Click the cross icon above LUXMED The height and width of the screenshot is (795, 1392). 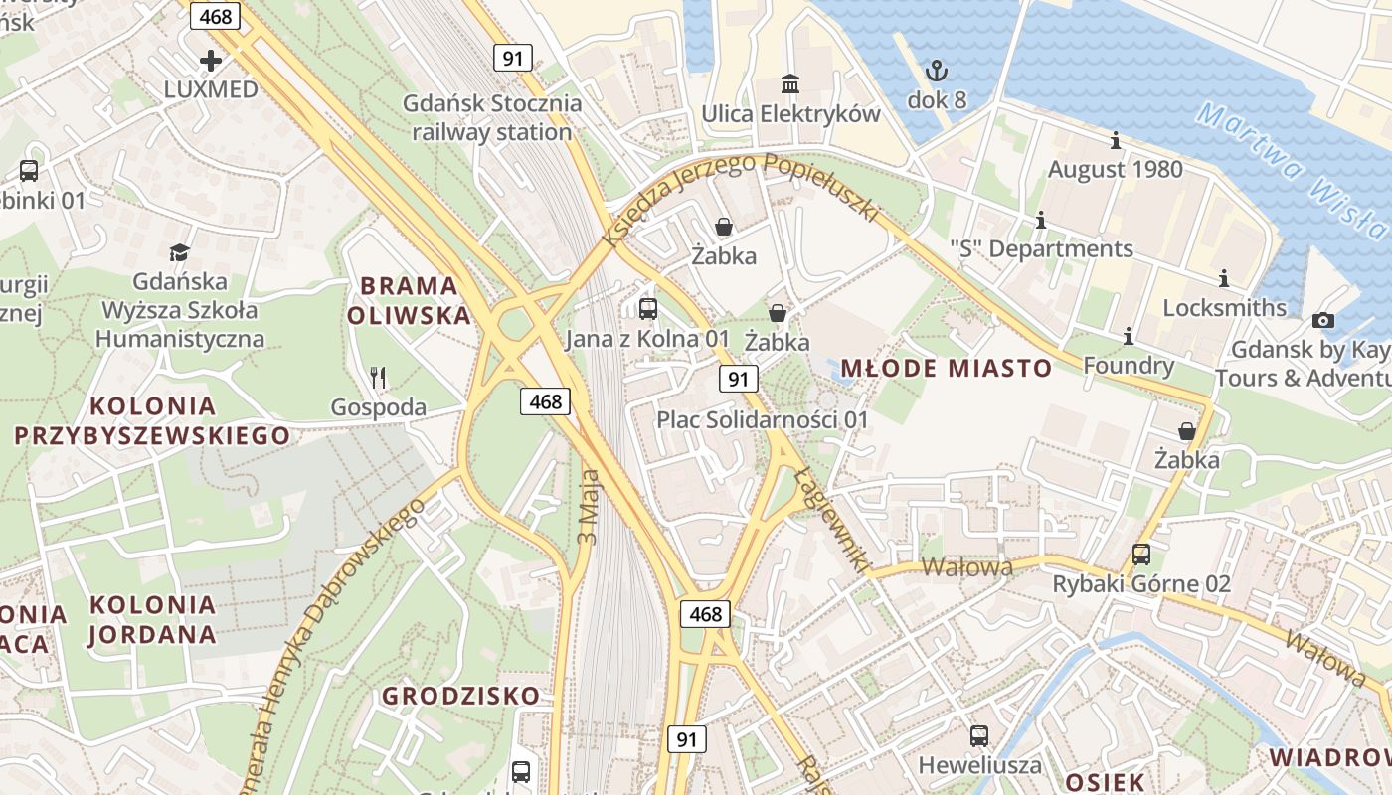point(211,61)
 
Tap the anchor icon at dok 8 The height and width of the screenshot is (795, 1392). point(936,71)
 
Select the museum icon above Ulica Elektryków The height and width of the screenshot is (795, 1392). point(790,83)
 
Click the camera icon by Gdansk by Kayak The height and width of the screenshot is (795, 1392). point(1322,320)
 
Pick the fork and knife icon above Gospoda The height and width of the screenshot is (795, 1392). point(377,378)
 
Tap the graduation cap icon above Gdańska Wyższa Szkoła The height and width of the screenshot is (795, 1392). point(179,252)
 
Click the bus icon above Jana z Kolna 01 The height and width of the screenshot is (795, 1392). point(648,309)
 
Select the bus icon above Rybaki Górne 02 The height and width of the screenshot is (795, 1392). point(1141,555)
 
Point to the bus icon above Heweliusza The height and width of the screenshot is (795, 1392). point(979,736)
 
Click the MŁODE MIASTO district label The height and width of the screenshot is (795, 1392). point(946,369)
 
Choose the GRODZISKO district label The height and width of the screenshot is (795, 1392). point(461,696)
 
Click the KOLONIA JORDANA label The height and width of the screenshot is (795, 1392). point(152,619)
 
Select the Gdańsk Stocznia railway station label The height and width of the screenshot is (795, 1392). point(492,117)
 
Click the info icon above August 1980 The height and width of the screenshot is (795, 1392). point(1115,141)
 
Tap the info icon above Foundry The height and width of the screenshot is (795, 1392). point(1129,337)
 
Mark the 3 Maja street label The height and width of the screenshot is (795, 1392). point(588,507)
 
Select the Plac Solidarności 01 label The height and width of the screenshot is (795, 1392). point(763,419)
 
